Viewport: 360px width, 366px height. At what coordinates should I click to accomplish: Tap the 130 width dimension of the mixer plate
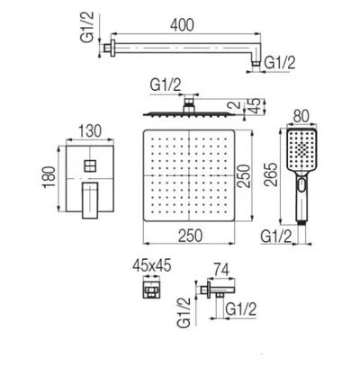(x=90, y=131)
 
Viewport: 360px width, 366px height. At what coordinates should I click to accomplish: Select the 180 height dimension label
(x=49, y=177)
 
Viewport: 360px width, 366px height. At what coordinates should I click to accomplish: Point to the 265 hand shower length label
(x=271, y=174)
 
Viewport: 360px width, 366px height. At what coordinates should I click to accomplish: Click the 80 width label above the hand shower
(x=301, y=116)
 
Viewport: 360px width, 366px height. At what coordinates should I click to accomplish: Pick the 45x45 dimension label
(x=152, y=266)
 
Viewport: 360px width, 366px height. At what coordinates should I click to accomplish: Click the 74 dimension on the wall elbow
(x=220, y=270)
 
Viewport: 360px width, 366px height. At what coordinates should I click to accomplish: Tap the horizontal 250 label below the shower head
(x=191, y=236)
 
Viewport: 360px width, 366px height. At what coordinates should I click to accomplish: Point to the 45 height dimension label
(x=255, y=106)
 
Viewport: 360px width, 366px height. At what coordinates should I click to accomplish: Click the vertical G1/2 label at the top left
(x=87, y=27)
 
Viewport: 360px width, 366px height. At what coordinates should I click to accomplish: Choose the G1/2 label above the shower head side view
(x=166, y=85)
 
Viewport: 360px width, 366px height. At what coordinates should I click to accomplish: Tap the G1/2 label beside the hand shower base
(x=276, y=237)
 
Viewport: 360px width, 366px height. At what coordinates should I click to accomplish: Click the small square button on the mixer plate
(x=90, y=165)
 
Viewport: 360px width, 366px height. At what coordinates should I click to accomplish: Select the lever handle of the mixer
(x=90, y=200)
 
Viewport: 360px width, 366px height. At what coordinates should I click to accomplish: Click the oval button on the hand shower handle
(x=301, y=183)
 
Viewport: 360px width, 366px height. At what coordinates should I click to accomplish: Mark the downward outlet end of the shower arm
(x=256, y=63)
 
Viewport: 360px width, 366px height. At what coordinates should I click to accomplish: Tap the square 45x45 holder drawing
(x=151, y=290)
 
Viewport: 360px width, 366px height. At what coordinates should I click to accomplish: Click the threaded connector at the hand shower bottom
(x=301, y=222)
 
